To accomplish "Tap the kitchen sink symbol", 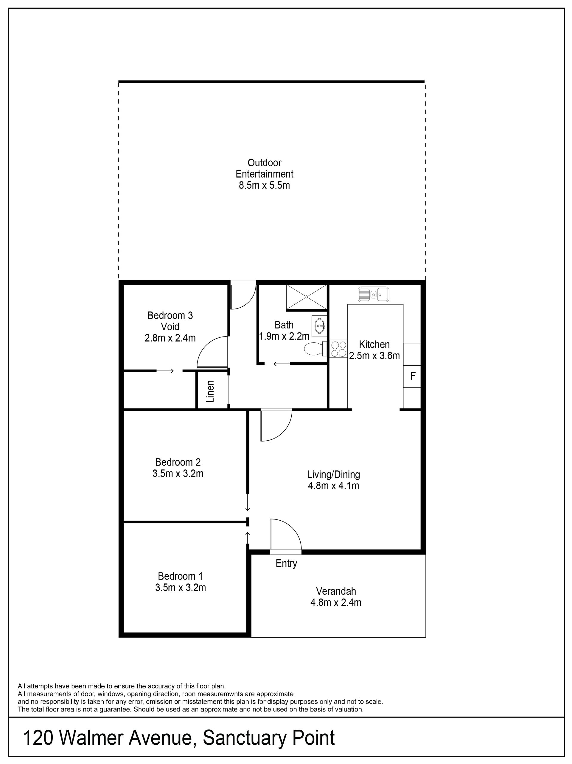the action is point(374,294).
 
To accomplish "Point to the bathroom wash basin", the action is point(319,325).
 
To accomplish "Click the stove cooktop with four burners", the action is point(338,349).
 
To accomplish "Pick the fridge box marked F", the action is point(412,376).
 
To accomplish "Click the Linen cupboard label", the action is point(210,391).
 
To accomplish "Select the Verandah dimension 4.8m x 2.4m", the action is point(336,603).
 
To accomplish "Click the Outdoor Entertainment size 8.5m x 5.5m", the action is point(264,185).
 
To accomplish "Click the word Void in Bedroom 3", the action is point(170,326).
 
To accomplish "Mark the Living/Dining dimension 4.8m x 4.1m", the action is point(333,486).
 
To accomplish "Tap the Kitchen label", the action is point(374,344).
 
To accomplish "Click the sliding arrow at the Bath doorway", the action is point(282,364).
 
